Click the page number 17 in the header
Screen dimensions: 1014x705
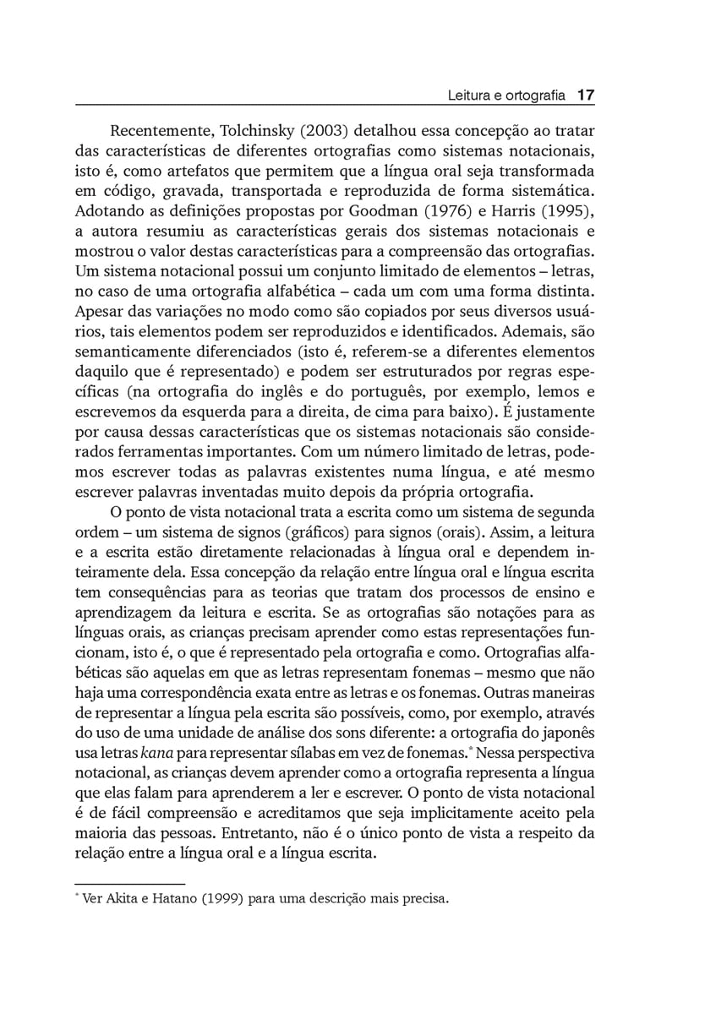(586, 96)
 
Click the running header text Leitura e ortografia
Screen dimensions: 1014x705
(506, 96)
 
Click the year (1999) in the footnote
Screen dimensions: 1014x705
(218, 899)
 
